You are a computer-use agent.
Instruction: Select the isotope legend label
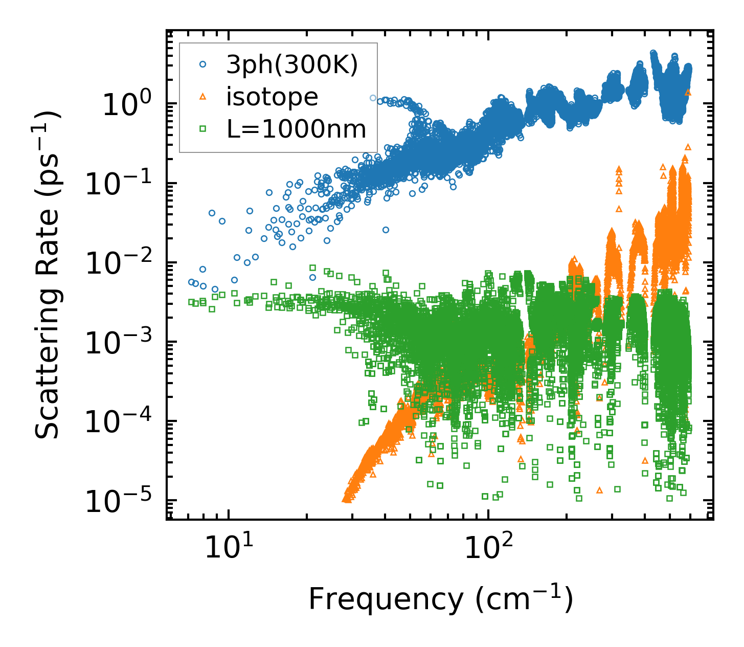pyautogui.click(x=272, y=97)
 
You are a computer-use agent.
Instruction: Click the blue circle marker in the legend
pyautogui.click(x=203, y=65)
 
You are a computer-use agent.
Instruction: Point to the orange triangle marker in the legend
pyautogui.click(x=203, y=97)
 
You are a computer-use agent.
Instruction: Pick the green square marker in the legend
pyautogui.click(x=203, y=129)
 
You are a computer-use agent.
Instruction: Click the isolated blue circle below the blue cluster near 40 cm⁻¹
pyautogui.click(x=386, y=230)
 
